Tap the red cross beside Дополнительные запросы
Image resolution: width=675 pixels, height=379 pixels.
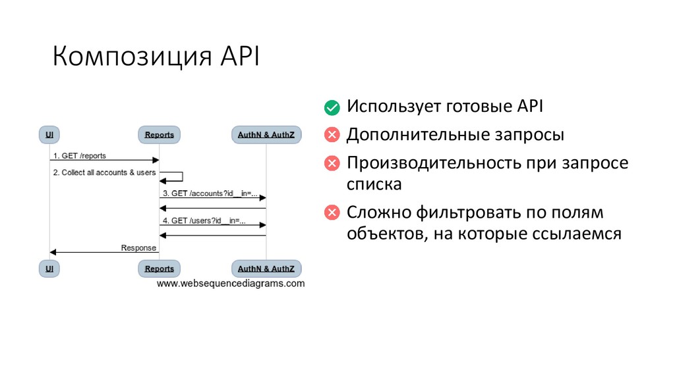point(332,136)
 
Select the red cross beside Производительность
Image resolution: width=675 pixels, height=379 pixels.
point(332,163)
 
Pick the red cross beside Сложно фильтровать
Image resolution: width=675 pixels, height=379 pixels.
point(332,213)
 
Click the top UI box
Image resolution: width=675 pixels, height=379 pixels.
point(49,134)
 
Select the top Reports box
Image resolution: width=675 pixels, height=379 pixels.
point(160,134)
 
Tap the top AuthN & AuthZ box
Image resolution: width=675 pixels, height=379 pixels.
point(266,134)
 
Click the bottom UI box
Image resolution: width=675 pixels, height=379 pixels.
point(49,268)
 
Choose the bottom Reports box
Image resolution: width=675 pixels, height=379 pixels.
point(160,268)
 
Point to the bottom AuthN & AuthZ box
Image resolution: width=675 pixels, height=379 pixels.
point(266,268)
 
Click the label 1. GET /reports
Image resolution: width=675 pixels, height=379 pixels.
point(80,156)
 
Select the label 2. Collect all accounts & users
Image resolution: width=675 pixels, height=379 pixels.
point(104,172)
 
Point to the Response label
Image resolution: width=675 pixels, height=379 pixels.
point(138,248)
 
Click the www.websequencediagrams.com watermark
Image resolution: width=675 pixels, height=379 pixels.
point(230,284)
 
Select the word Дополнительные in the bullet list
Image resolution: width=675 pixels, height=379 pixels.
point(417,136)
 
